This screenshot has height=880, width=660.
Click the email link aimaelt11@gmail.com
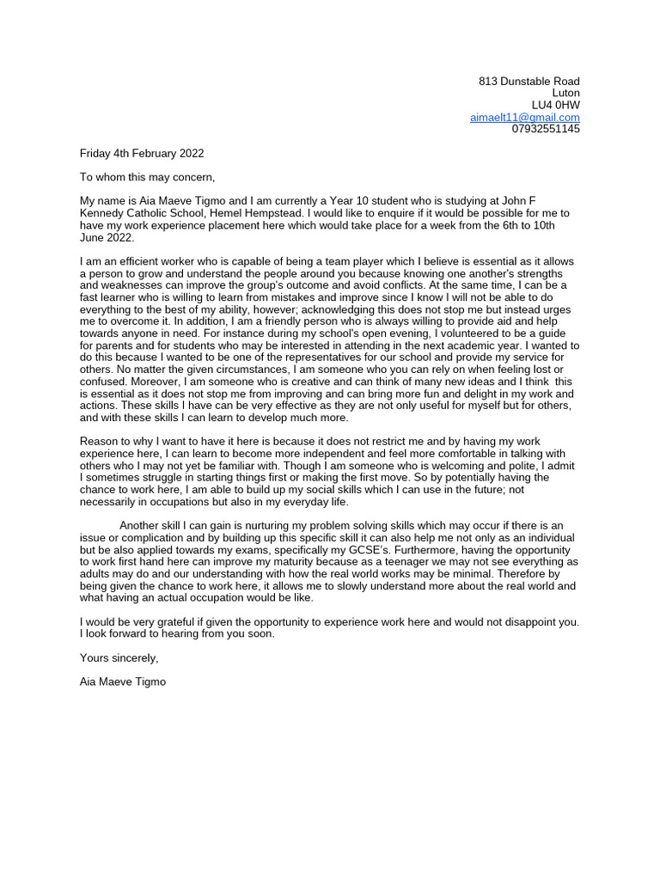click(524, 117)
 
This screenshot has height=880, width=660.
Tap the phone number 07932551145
click(546, 129)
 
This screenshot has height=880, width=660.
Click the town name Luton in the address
click(565, 93)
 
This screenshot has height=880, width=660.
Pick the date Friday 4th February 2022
click(142, 154)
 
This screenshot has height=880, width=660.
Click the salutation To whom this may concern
click(147, 177)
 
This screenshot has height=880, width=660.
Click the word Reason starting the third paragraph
click(99, 441)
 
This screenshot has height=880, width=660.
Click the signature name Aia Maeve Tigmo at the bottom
click(123, 681)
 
